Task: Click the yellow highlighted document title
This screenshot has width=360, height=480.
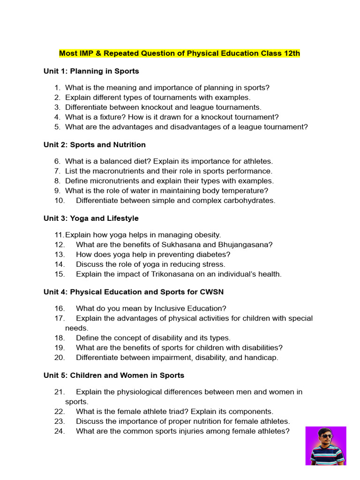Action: (x=180, y=53)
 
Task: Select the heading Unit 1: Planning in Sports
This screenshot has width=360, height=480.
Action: (x=91, y=71)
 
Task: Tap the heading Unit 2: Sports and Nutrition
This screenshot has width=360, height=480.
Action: (x=95, y=145)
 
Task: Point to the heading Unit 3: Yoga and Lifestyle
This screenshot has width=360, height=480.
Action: (x=91, y=218)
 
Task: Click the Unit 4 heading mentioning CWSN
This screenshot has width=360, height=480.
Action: (x=134, y=292)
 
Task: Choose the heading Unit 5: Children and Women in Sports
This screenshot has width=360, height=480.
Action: (x=114, y=375)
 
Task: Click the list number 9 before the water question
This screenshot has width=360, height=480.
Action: (x=57, y=191)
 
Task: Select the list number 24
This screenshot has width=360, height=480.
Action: (x=59, y=431)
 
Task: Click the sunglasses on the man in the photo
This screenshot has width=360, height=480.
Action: (x=326, y=436)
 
